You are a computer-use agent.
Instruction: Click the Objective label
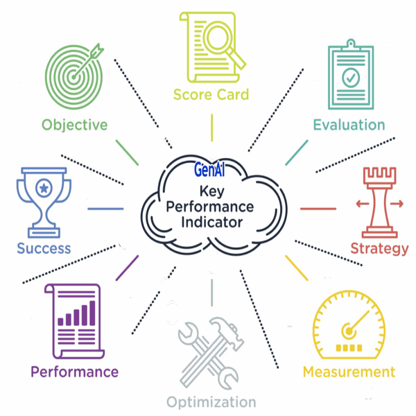point(74,125)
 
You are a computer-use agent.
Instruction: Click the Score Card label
point(211,94)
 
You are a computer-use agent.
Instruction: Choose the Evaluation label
point(349,125)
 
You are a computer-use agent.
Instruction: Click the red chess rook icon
point(379,202)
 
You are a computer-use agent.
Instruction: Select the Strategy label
point(379,248)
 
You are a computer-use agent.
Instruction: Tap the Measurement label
point(349,372)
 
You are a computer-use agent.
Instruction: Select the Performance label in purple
point(74,372)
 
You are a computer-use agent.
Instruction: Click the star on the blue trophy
point(44,187)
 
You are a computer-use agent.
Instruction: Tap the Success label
point(44,248)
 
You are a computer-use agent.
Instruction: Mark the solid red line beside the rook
point(318,208)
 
